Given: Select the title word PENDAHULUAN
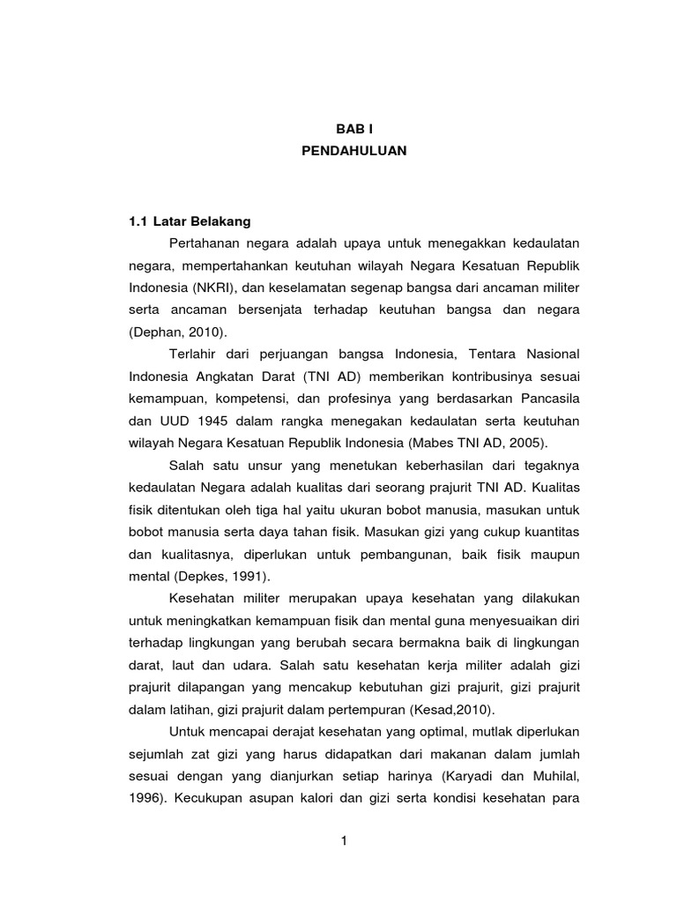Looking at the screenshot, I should (x=342, y=151).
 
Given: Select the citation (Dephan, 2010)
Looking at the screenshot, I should (x=177, y=332).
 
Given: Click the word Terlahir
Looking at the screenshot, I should (x=191, y=354).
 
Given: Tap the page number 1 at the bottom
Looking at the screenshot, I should (x=344, y=841).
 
